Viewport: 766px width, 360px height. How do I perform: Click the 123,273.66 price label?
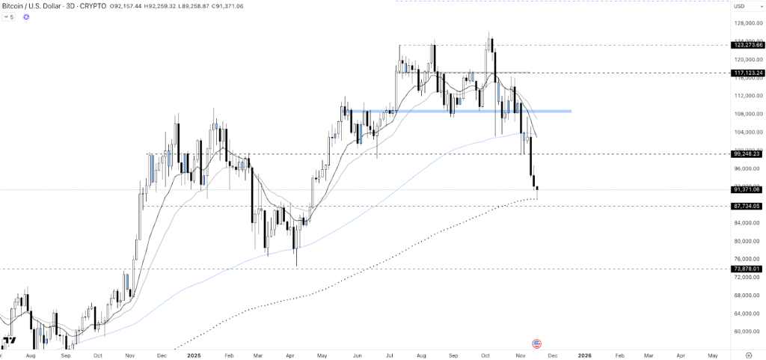[x=748, y=45]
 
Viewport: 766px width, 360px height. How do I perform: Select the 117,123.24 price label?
[x=748, y=73]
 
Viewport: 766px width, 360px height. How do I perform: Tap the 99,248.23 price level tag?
[x=748, y=154]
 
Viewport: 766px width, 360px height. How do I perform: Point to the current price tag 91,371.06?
[x=748, y=189]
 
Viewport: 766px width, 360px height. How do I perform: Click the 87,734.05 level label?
[x=748, y=206]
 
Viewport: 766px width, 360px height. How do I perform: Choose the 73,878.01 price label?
[x=748, y=268]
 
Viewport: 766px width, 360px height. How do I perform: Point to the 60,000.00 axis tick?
[x=749, y=332]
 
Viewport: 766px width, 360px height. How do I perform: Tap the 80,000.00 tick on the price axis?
[x=749, y=241]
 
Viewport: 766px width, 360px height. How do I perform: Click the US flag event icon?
[x=536, y=343]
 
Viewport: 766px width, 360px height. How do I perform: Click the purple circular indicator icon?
[x=26, y=16]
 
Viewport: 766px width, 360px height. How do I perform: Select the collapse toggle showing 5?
[x=10, y=16]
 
